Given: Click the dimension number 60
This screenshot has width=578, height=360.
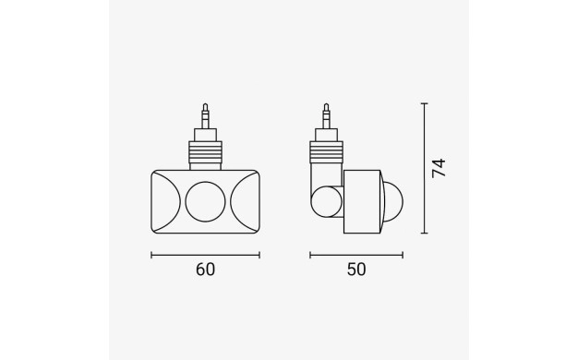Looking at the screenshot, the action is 205,270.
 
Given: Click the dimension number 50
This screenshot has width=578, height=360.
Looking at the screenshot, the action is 356,270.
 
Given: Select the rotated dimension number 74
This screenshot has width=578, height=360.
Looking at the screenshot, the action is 439,168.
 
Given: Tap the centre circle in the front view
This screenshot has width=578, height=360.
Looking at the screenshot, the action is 205,201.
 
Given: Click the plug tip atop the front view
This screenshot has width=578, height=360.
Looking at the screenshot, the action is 205,115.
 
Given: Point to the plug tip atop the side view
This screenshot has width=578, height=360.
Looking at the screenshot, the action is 326,115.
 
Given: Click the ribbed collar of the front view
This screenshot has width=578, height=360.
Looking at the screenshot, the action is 205,152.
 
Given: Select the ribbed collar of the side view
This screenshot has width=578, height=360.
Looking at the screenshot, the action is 326,152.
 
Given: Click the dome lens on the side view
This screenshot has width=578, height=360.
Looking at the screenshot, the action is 393,201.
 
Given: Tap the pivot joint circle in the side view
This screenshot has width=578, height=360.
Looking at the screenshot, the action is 326,202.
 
